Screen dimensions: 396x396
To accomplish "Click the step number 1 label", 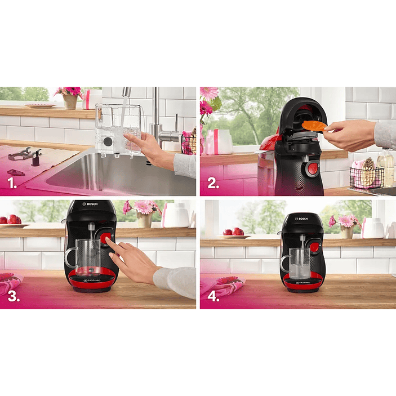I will tap(12, 183).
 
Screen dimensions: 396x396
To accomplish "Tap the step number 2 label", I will tap(212, 183).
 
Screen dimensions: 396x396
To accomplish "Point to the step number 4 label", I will tap(213, 296).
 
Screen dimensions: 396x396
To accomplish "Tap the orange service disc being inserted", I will tap(314, 125).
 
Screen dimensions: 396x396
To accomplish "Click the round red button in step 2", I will tap(312, 168).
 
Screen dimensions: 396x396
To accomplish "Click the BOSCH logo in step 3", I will tap(90, 204).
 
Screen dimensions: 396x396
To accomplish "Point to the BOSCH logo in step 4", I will tap(302, 218).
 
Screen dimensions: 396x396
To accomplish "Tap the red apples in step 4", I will tap(233, 232).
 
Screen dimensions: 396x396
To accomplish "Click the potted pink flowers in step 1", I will tap(70, 96).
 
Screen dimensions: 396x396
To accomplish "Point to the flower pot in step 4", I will tap(346, 232).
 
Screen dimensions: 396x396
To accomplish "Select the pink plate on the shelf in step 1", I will tap(39, 105).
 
